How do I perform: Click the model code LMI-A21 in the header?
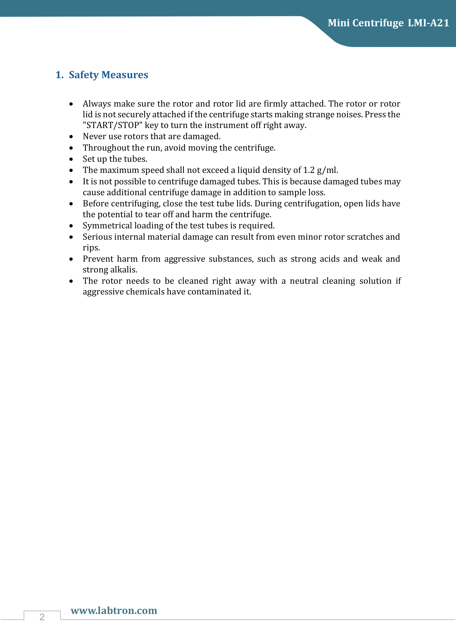pos(428,23)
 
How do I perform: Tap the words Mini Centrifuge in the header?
pos(366,23)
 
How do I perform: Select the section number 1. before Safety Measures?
pos(59,75)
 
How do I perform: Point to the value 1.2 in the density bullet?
pos(309,170)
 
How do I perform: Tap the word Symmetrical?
pos(107,225)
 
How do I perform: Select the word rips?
pos(91,248)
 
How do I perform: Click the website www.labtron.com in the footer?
pos(114,610)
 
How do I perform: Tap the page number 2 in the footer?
pos(42,617)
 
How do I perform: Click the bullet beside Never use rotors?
pos(71,137)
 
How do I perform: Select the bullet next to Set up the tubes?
pos(71,159)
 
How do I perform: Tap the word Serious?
pos(97,237)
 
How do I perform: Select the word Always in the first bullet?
pos(97,104)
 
